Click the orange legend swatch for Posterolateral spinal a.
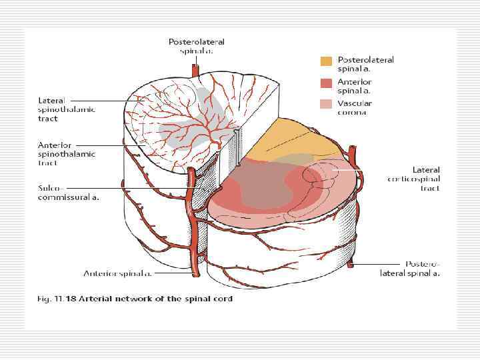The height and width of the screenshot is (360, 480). [x=325, y=61]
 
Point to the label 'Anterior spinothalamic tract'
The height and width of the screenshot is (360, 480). [x=66, y=153]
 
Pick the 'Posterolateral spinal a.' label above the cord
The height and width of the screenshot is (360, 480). [x=196, y=45]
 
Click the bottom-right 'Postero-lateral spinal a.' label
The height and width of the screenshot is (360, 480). [x=410, y=269]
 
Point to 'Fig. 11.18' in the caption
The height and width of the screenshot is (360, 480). [x=55, y=299]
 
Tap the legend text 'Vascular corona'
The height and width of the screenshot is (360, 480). [x=355, y=108]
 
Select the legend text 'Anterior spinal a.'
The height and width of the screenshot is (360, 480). [x=355, y=86]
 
